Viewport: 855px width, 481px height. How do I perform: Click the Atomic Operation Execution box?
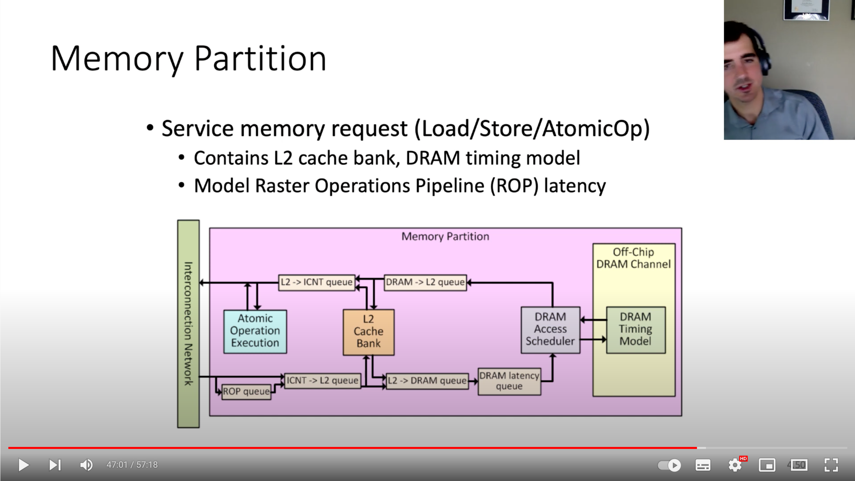coord(255,331)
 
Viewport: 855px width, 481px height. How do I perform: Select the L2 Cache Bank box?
coord(368,332)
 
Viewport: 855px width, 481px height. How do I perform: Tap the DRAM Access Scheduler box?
coord(550,330)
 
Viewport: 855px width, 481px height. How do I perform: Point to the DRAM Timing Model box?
coord(636,330)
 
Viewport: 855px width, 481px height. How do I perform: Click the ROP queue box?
coord(246,392)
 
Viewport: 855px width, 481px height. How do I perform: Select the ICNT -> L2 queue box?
coord(322,381)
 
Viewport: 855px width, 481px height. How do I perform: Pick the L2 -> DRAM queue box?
coord(427,381)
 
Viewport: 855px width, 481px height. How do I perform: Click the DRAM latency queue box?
coord(509,381)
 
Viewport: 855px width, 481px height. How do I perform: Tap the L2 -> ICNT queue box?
coord(316,283)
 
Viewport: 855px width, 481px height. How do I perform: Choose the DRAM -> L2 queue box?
coord(425,283)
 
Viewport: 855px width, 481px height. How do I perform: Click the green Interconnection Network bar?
coord(188,323)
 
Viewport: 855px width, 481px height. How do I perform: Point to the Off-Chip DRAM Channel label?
coord(633,258)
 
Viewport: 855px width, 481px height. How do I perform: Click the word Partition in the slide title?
coord(260,59)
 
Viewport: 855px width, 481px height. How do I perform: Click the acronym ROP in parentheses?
coord(514,186)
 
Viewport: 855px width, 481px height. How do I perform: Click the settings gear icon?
coord(735,465)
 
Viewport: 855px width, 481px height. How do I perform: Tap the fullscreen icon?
coord(831,465)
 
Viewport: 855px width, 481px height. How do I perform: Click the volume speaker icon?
coord(86,465)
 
